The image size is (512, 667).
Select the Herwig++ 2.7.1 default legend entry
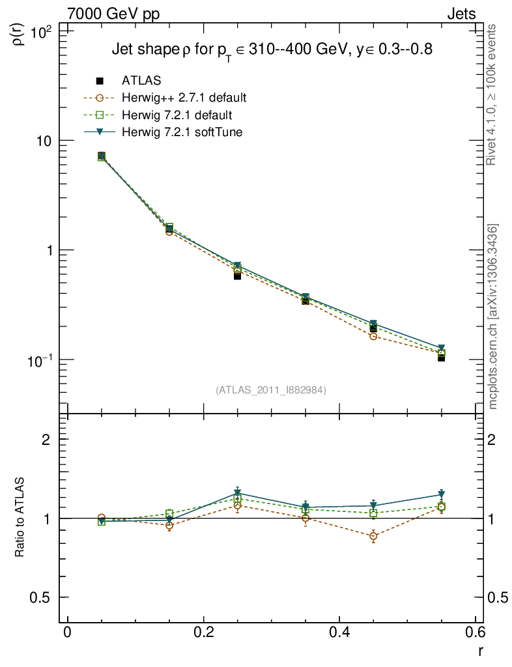pyautogui.click(x=184, y=98)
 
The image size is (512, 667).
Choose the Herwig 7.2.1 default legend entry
pyautogui.click(x=177, y=115)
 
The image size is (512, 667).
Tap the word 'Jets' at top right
pyautogui.click(x=461, y=14)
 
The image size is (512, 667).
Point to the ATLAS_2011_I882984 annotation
pyautogui.click(x=271, y=390)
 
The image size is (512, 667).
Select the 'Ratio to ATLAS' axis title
pyautogui.click(x=20, y=518)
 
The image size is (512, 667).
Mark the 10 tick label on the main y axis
pyautogui.click(x=46, y=141)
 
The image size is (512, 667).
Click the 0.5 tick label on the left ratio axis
pyautogui.click(x=44, y=597)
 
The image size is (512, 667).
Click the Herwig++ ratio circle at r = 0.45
pyautogui.click(x=373, y=537)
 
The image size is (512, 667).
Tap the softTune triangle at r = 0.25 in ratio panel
pyautogui.click(x=238, y=494)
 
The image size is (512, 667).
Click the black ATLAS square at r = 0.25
pyautogui.click(x=238, y=276)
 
